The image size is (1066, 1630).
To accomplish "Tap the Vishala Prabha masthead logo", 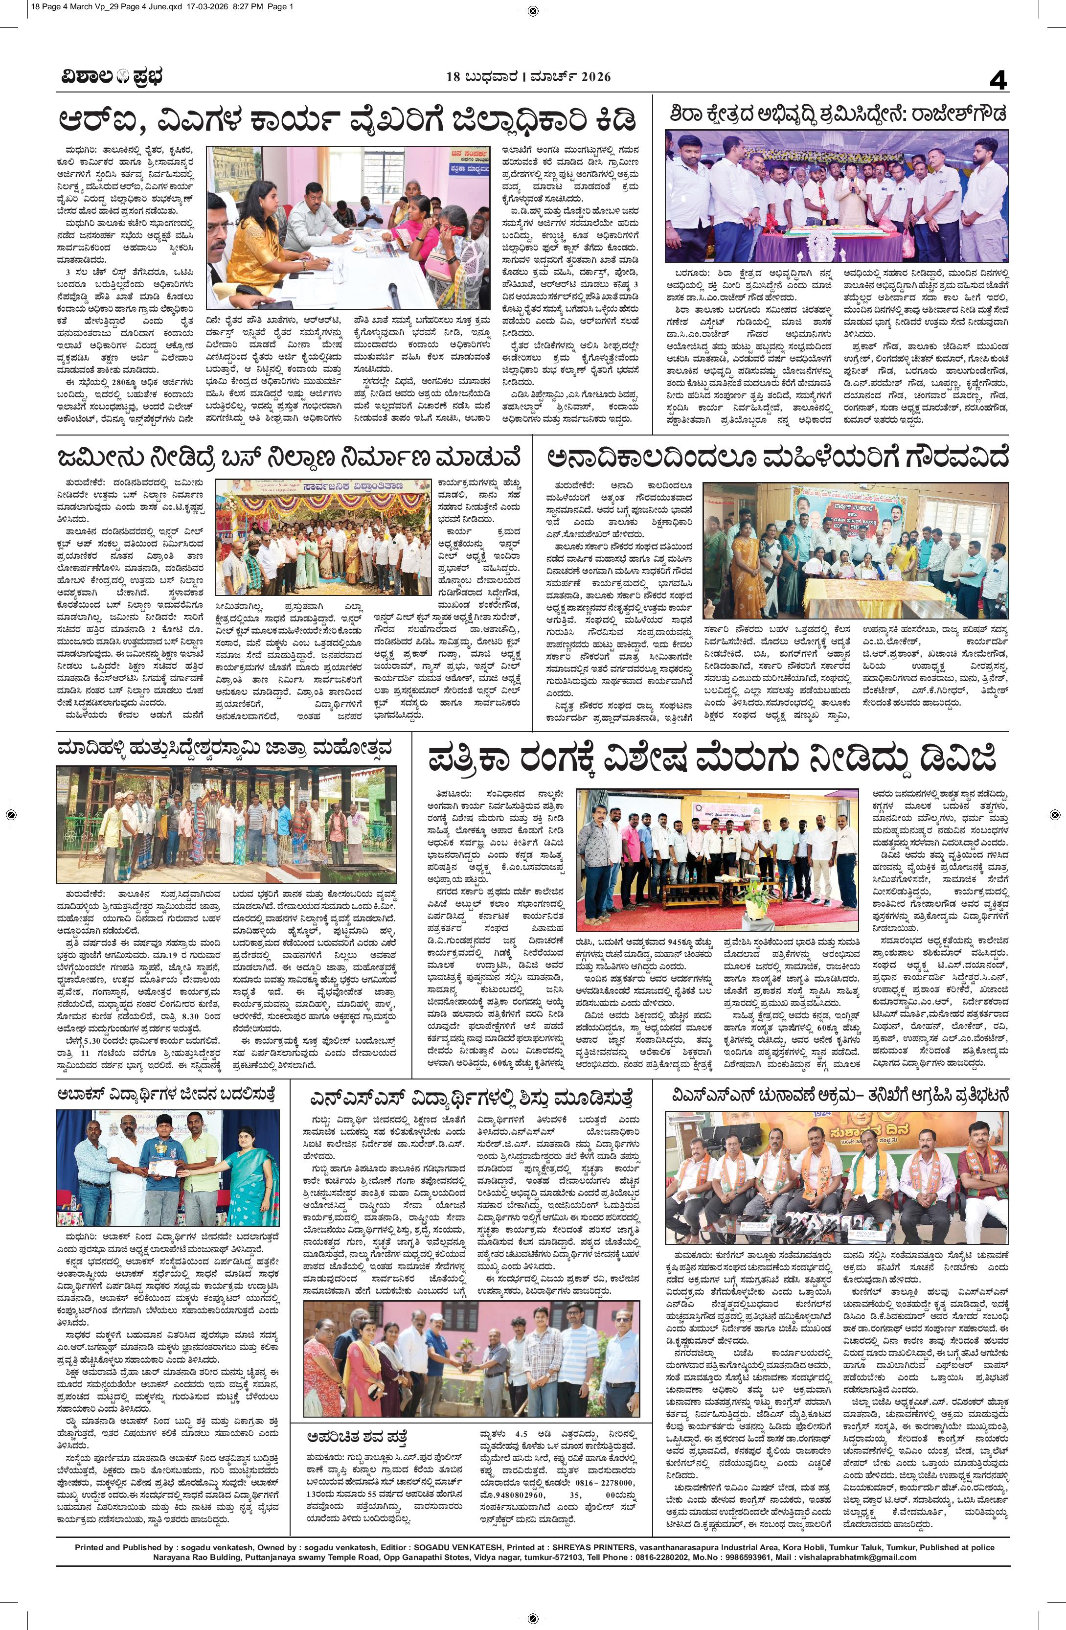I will (x=110, y=77).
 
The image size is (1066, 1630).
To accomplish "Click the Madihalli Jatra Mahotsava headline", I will (x=226, y=749).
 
